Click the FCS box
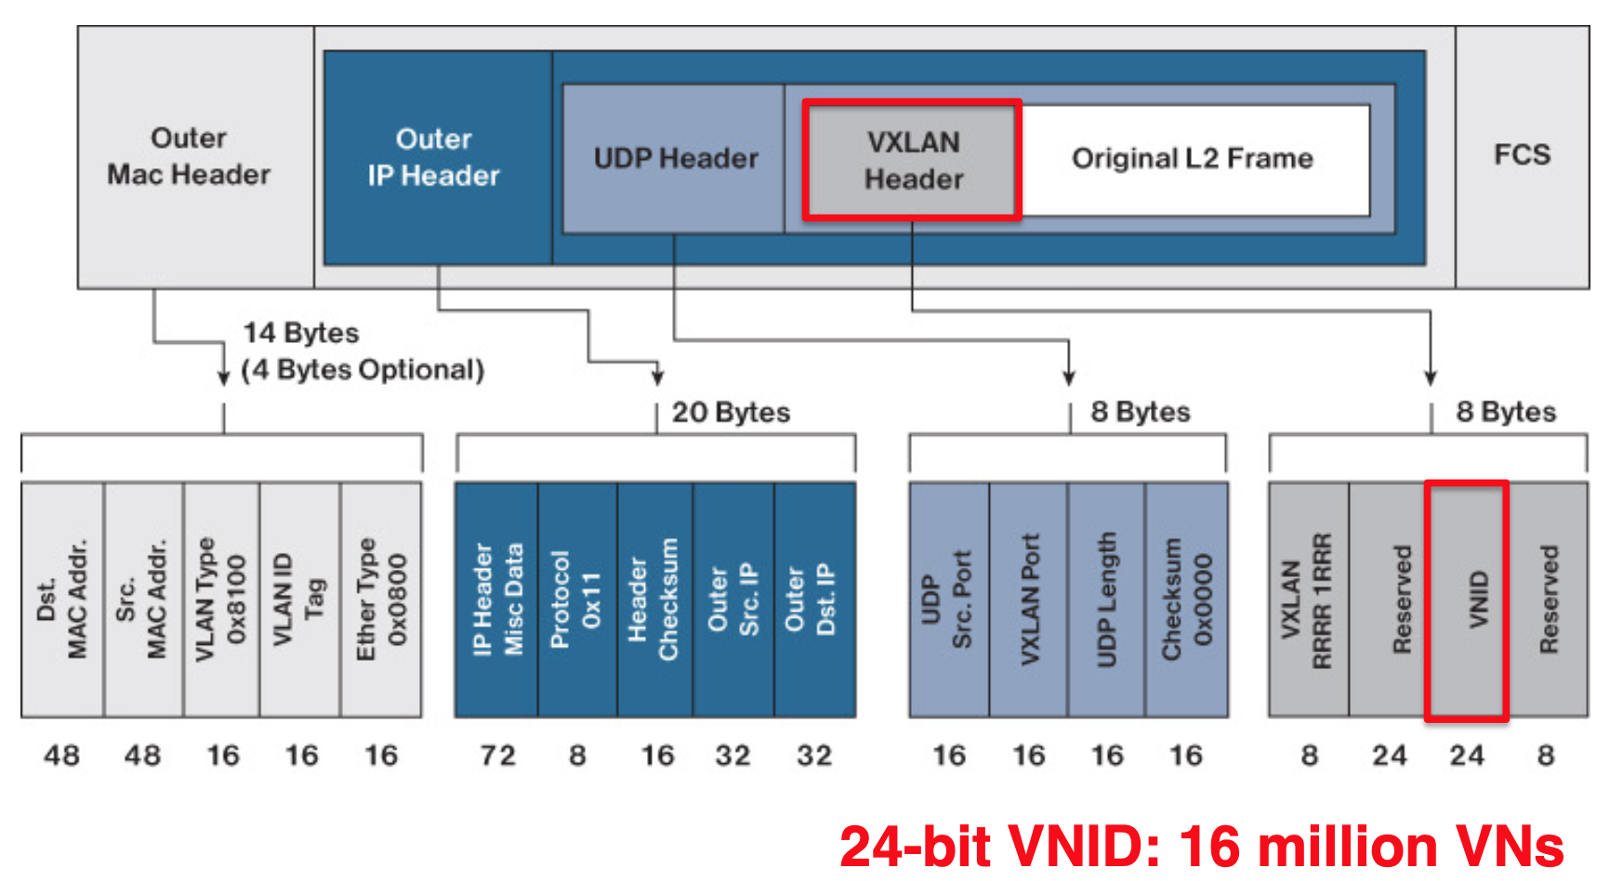(x=1522, y=155)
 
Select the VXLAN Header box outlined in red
(x=913, y=160)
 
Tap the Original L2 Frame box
(x=1193, y=159)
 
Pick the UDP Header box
(x=675, y=159)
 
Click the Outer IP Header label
(x=434, y=158)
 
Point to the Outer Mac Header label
(x=189, y=156)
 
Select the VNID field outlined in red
(x=1467, y=599)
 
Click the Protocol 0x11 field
(x=576, y=599)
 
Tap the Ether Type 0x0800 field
(x=381, y=599)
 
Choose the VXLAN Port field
(x=1028, y=599)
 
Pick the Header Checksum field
(x=654, y=599)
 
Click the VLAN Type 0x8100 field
(x=221, y=599)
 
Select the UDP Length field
(x=1106, y=599)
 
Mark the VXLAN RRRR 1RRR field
(x=1308, y=599)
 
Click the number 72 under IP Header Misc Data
(x=497, y=756)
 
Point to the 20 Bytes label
(x=731, y=413)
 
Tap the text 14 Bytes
(x=301, y=333)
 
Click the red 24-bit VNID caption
(x=1201, y=847)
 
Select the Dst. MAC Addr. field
(x=62, y=599)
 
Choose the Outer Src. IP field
(x=732, y=599)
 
